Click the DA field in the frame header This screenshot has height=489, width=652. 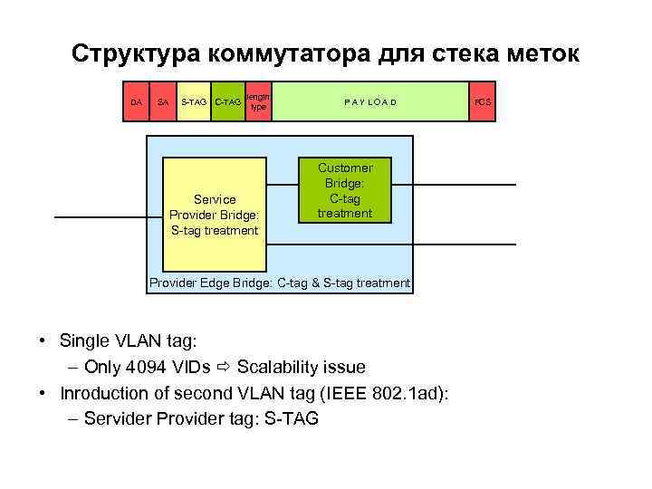[136, 102]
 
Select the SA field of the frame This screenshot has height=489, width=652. [162, 102]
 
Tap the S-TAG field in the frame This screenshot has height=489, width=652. [194, 102]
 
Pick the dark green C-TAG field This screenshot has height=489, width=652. [227, 102]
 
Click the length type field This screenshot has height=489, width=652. [258, 101]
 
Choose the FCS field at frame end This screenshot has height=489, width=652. [483, 102]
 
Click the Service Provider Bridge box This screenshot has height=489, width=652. [215, 215]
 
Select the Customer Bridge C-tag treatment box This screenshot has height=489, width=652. [345, 191]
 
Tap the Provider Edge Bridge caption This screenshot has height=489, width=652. [279, 283]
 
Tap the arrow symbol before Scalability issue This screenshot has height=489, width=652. [224, 367]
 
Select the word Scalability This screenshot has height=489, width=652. [277, 367]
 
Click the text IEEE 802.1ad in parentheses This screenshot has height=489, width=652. [407, 393]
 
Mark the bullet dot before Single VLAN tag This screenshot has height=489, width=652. [43, 341]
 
